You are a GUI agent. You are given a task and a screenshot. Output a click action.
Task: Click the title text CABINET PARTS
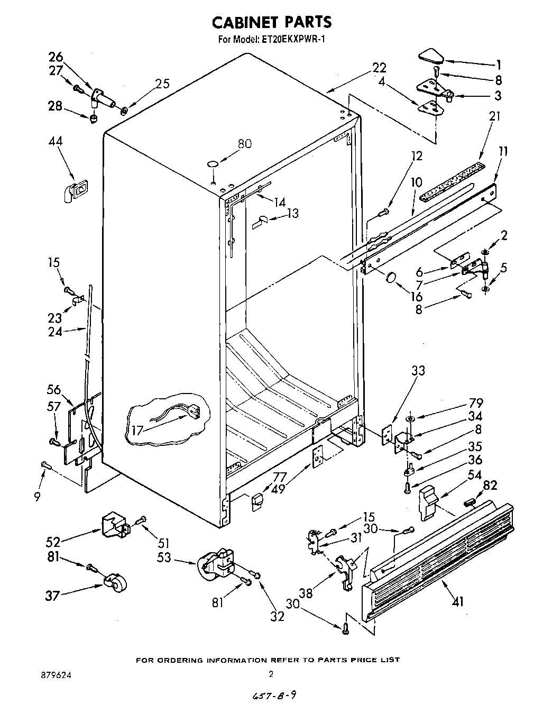[272, 22]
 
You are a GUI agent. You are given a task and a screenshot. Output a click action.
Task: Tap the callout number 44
[56, 141]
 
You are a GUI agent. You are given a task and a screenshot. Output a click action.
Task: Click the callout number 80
[245, 143]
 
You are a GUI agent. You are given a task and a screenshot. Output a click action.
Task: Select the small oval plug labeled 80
[213, 164]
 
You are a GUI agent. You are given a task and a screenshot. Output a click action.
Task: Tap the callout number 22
[379, 68]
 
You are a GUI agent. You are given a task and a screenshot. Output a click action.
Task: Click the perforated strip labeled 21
[452, 182]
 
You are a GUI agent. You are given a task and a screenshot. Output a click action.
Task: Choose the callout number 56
[54, 389]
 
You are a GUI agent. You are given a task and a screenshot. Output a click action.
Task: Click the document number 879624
[56, 675]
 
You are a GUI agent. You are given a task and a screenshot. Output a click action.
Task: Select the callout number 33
[418, 371]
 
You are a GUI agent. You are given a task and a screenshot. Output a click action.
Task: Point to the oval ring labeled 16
[392, 278]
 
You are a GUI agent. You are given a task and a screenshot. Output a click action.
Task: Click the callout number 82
[490, 485]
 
